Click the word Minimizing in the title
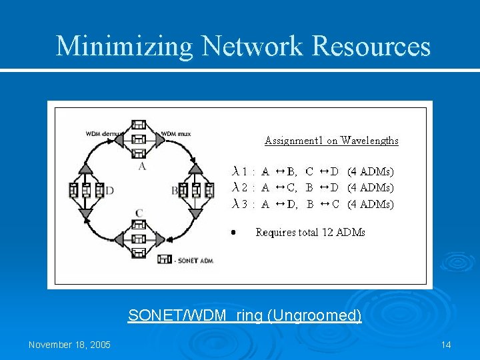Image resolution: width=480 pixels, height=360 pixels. (x=124, y=47)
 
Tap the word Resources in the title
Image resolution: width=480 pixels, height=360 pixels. (x=371, y=47)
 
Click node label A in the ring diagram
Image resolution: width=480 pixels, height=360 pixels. (x=141, y=167)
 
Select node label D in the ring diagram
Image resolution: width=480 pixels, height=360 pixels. (x=110, y=191)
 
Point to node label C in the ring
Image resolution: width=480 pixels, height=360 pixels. (x=139, y=213)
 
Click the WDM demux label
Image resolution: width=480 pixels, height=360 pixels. (x=103, y=133)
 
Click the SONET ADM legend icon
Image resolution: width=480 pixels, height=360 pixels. (x=165, y=259)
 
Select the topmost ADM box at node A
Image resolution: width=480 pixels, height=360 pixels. (x=139, y=125)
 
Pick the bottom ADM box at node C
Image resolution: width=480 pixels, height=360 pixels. (x=139, y=253)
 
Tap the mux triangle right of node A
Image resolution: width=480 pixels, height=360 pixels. (x=160, y=139)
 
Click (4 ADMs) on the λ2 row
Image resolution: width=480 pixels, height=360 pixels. (x=371, y=187)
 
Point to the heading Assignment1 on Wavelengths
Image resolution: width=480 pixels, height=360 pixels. (x=331, y=140)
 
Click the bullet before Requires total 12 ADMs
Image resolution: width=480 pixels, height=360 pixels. (x=233, y=233)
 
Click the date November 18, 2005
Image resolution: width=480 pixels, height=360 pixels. (x=70, y=345)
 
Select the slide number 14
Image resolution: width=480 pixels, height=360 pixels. (x=446, y=345)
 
